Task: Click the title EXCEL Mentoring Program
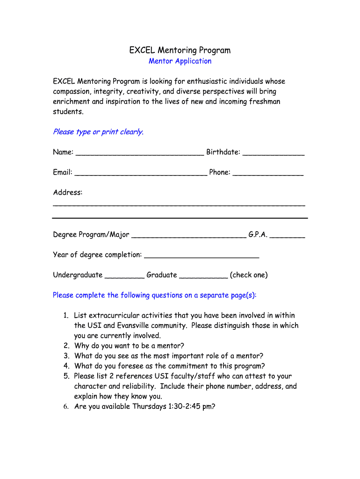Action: click(180, 50)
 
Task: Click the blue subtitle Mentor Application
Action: click(180, 61)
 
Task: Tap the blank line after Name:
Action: click(139, 153)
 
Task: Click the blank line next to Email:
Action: click(140, 173)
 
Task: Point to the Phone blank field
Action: click(268, 173)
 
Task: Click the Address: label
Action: click(67, 192)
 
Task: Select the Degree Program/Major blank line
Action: click(188, 235)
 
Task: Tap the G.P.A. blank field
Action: click(288, 235)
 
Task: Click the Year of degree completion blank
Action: click(202, 255)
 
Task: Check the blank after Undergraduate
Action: click(124, 276)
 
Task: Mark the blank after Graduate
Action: click(203, 276)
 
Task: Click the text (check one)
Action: click(249, 275)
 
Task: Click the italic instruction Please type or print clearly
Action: click(98, 132)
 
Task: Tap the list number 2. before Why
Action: click(66, 346)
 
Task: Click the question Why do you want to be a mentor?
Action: click(129, 346)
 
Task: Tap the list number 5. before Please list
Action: click(66, 376)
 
